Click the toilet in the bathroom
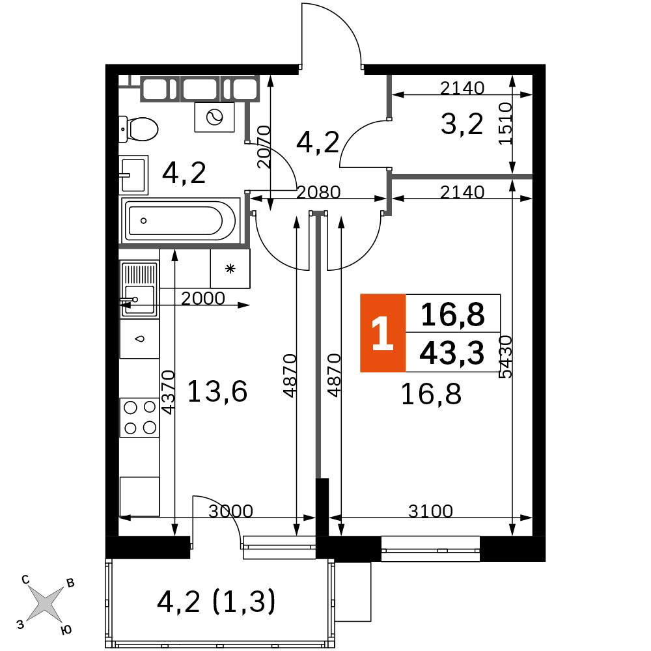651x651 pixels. tap(138, 129)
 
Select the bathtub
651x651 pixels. tap(180, 220)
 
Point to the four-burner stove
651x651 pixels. tap(139, 418)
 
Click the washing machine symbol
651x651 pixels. tap(215, 117)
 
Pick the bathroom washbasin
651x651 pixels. tap(133, 175)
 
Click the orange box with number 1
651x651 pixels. tap(382, 333)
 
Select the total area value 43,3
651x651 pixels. tap(452, 353)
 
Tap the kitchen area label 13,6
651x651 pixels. tap(217, 391)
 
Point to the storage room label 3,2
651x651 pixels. tap(462, 124)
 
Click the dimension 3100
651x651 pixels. tap(430, 510)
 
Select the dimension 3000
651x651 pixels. tap(230, 510)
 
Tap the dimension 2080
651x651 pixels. tap(318, 192)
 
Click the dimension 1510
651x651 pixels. tap(505, 123)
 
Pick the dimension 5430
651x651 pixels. tap(505, 357)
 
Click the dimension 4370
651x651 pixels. tap(168, 393)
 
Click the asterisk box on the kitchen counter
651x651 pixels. tap(230, 269)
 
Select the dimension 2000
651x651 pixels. tap(203, 298)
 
